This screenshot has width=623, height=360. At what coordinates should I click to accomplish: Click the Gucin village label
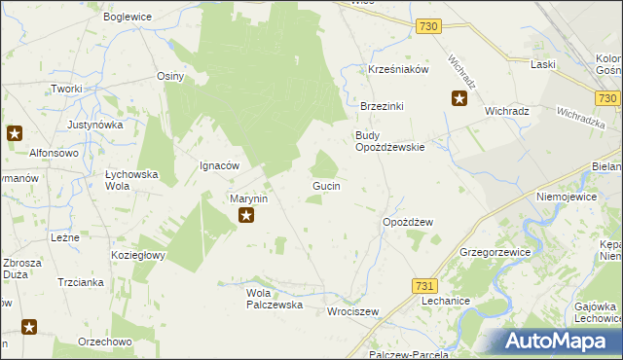325,185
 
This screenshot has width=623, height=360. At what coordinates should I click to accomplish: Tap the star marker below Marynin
247,216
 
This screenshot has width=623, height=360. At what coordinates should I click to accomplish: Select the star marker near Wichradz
459,97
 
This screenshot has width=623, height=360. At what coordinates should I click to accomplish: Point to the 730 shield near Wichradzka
608,98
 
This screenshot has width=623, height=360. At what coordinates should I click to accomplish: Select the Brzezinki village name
382,106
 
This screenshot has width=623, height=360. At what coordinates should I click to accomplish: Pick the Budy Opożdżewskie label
389,141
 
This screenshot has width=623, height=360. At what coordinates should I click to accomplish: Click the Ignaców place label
219,165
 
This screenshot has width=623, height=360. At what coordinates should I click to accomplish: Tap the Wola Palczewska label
275,299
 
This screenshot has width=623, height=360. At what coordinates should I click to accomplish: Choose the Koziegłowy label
138,255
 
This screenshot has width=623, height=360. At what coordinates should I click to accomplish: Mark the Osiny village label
170,76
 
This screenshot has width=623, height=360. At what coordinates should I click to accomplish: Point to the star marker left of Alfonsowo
15,133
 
